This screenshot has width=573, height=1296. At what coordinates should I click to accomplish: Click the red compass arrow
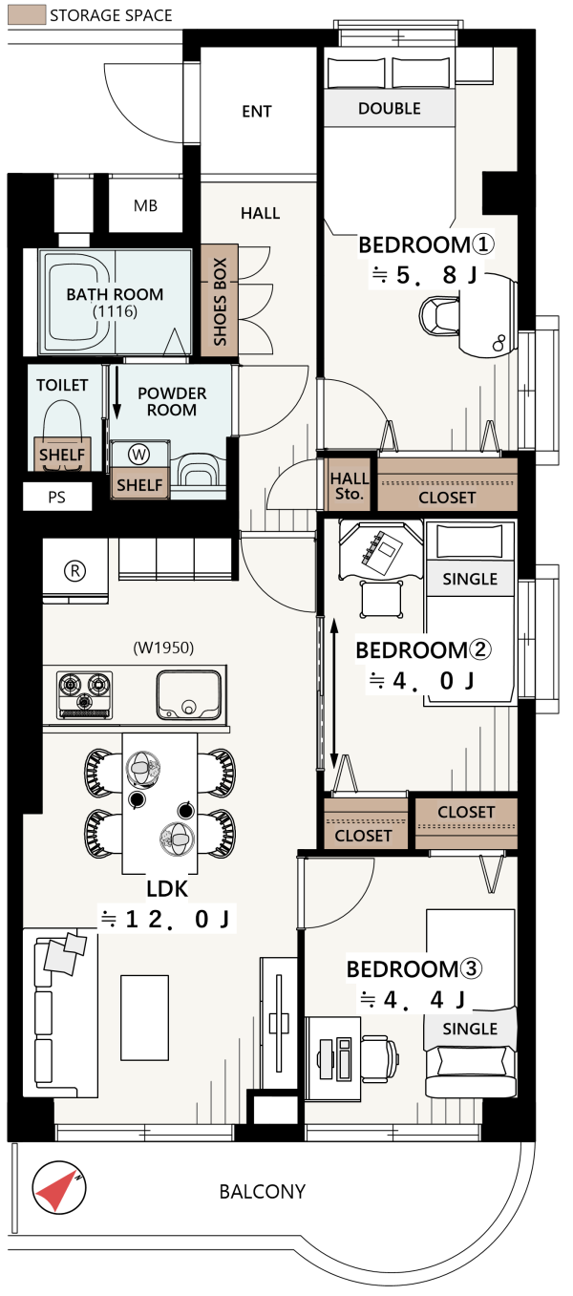click(56, 1191)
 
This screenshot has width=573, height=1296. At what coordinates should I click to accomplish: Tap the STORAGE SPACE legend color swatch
click(27, 15)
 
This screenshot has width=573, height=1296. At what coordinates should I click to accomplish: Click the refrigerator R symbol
click(74, 571)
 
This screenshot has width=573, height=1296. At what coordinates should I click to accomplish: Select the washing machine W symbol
click(138, 455)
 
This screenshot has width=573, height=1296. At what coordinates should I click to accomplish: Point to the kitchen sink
click(189, 694)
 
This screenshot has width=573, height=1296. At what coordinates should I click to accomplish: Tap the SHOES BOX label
click(220, 302)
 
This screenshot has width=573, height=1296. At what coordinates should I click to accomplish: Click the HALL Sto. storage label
click(349, 486)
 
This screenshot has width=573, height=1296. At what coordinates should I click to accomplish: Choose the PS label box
click(57, 497)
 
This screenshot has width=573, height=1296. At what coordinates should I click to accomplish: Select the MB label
click(145, 205)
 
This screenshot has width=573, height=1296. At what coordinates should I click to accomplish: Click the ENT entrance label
click(256, 111)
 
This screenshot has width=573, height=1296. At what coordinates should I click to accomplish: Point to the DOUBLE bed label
click(390, 108)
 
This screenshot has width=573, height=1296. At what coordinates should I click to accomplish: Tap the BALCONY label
click(263, 1191)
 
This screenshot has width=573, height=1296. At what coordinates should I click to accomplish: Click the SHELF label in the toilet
click(62, 455)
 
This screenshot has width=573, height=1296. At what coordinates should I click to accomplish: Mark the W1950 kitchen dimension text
click(164, 648)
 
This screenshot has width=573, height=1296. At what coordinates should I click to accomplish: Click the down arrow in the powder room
click(117, 392)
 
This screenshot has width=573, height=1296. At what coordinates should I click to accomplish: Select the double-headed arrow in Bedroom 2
click(334, 693)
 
